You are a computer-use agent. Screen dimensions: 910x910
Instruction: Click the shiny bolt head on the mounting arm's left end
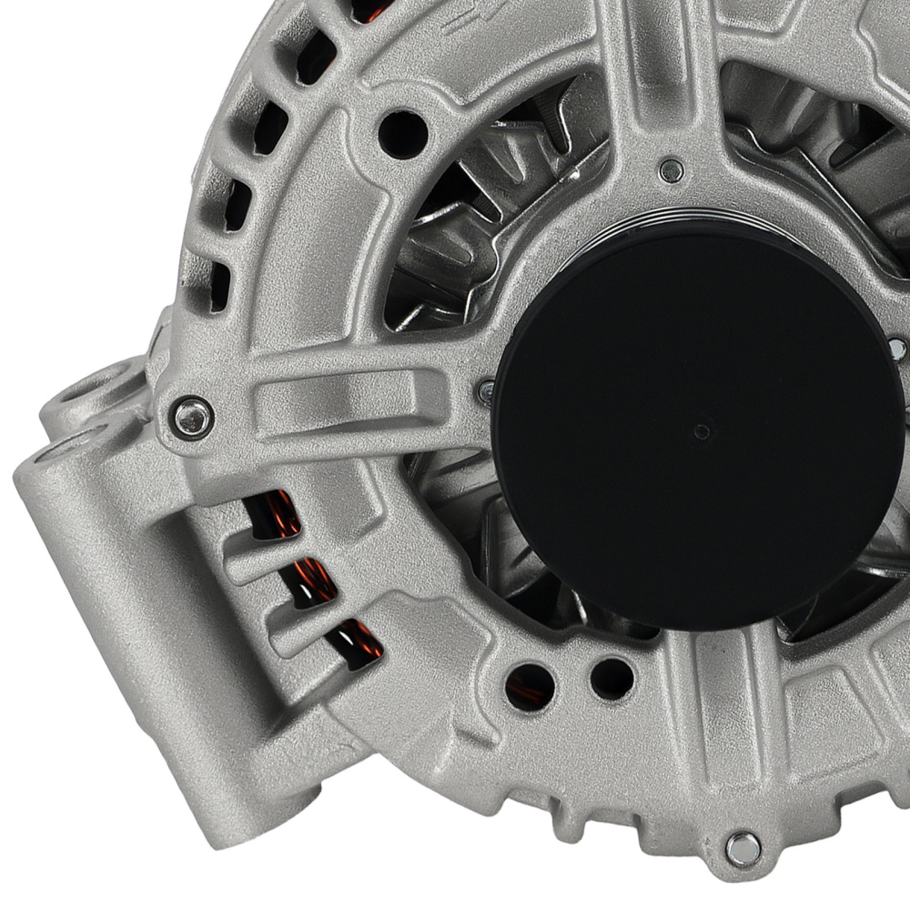[192, 418]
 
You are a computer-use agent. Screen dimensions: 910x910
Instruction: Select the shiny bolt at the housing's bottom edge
[743, 849]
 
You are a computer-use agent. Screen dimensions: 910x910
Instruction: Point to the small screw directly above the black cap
[672, 169]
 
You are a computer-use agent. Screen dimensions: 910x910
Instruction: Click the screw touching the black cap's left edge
[486, 392]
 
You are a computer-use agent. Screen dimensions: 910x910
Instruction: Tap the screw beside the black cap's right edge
[896, 349]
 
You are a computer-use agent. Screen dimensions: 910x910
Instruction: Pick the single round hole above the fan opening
[402, 134]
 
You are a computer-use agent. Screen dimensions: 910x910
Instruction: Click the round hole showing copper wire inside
[529, 685]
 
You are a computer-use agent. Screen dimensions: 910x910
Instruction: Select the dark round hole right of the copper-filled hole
[611, 678]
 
